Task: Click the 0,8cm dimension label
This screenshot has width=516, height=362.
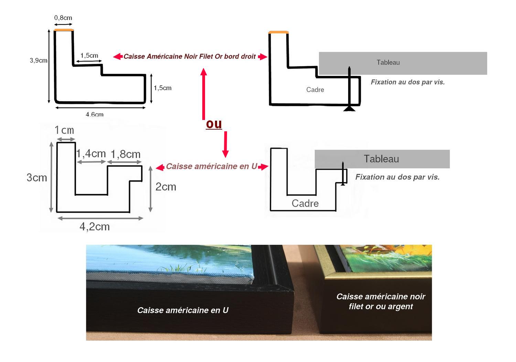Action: click(x=63, y=18)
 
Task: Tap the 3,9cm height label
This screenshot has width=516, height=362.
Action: click(x=39, y=61)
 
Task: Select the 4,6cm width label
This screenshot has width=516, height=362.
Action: click(x=95, y=114)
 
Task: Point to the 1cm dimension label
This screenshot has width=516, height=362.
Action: click(x=64, y=130)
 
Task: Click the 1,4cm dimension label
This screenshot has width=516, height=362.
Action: click(x=91, y=153)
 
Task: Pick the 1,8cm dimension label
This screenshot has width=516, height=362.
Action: click(x=126, y=154)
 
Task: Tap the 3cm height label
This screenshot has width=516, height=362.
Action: click(x=37, y=177)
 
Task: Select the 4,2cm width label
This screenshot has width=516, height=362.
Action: click(x=95, y=227)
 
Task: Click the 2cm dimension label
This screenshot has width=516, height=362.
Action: click(x=166, y=187)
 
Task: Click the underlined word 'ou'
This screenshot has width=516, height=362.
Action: click(x=214, y=124)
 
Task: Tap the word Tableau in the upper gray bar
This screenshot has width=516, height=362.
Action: click(x=388, y=63)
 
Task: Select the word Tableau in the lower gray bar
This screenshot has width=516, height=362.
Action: click(x=381, y=159)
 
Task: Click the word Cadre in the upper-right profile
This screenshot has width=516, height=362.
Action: click(x=315, y=90)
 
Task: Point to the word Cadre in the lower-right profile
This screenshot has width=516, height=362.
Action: click(x=305, y=203)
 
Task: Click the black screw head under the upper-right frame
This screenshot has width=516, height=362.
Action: click(x=350, y=109)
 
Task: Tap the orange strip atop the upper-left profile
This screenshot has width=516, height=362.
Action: click(x=64, y=30)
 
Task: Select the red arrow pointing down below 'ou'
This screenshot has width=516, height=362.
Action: click(x=225, y=144)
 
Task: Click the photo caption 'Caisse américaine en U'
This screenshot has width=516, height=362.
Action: click(x=183, y=310)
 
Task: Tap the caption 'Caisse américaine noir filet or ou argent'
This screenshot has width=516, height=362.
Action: click(x=381, y=301)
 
